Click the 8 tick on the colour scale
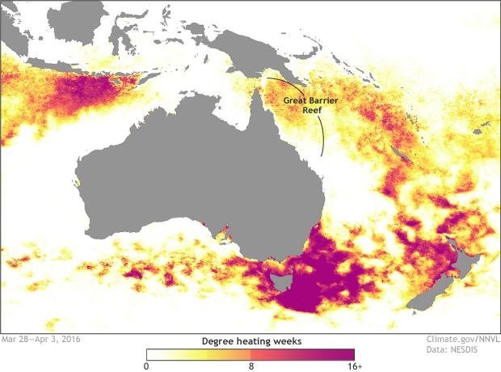pos(251,366)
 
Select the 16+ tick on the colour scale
pos(354,366)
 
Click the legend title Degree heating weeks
pos(250,341)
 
